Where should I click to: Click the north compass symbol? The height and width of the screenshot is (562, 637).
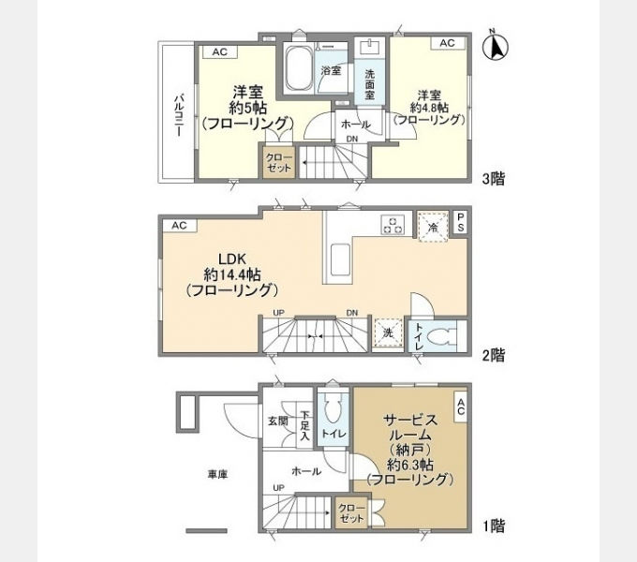tap(496, 47)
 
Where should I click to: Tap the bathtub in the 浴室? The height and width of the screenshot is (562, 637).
tap(299, 68)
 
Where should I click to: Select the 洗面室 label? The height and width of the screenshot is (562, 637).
tap(369, 84)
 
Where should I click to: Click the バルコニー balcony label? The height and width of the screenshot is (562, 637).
tap(179, 115)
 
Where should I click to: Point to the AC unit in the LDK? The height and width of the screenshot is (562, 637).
tap(180, 226)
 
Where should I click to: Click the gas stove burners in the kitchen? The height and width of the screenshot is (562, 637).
tap(393, 225)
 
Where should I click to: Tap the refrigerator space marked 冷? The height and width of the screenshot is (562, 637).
tap(433, 227)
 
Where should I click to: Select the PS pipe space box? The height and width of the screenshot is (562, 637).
tap(460, 222)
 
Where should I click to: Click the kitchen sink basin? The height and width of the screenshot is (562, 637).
tap(340, 259)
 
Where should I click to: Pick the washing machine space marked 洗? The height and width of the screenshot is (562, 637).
tap(388, 333)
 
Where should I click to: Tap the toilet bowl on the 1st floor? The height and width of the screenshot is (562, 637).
tap(333, 410)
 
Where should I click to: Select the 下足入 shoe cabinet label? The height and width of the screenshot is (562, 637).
tap(304, 425)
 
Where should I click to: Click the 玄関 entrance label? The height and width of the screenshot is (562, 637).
tap(278, 421)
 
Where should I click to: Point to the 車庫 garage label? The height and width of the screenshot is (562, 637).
tap(217, 474)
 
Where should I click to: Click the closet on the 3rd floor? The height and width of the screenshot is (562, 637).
tap(279, 162)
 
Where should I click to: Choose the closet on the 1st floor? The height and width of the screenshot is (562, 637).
tap(352, 513)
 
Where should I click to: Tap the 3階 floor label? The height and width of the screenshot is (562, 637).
tap(494, 179)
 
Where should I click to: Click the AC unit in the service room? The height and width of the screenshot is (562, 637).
tap(460, 407)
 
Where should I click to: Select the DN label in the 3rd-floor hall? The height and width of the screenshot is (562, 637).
tap(352, 139)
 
